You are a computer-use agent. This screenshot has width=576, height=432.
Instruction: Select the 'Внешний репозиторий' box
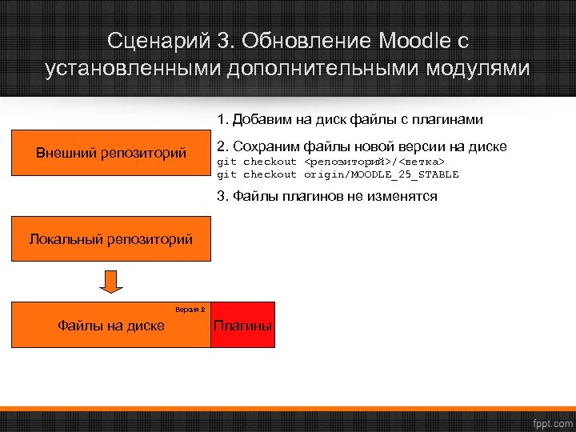tap(111, 152)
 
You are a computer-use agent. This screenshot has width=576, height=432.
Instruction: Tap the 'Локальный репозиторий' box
tap(111, 238)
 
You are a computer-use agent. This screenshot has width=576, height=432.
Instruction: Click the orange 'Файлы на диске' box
tap(111, 326)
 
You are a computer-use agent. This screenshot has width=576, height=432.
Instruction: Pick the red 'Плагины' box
tap(242, 326)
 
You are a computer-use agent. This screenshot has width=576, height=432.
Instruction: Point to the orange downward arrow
tap(111, 282)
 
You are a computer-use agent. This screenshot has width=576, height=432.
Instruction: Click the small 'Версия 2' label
tap(190, 308)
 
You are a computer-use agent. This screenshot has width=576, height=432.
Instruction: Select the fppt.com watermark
tap(553, 421)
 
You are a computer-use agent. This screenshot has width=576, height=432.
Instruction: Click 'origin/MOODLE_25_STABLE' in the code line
tap(381, 174)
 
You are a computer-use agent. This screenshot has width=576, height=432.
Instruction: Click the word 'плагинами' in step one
tap(453, 120)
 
